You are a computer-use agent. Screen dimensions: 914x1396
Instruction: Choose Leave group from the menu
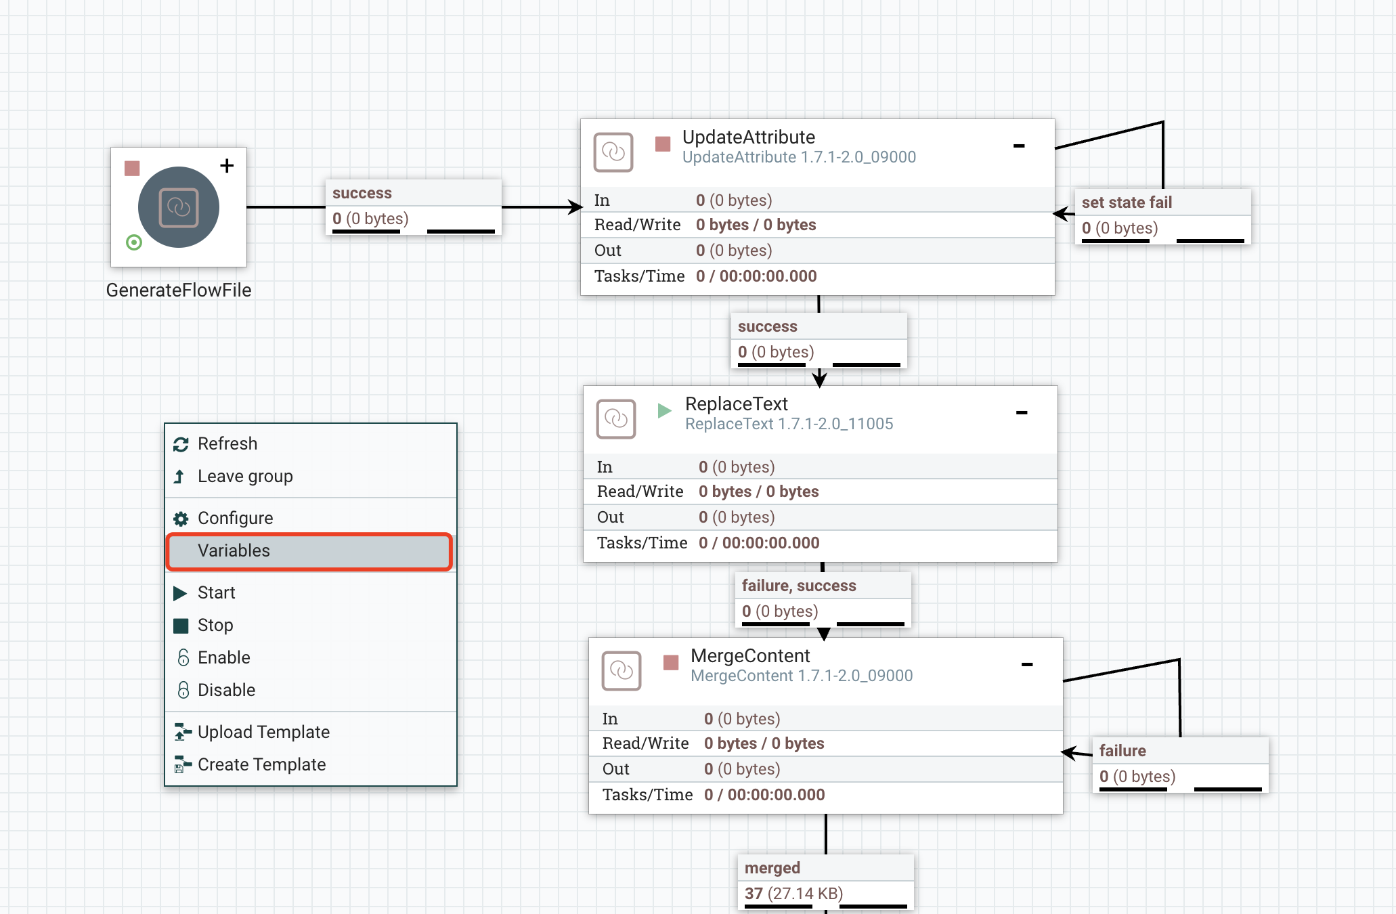click(x=244, y=477)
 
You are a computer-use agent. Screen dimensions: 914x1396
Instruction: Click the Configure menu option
click(x=235, y=519)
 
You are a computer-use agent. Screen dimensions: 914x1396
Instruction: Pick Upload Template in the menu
click(x=263, y=733)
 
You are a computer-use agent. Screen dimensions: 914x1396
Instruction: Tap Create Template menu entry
click(x=261, y=765)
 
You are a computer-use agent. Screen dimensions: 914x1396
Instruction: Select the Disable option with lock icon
click(x=225, y=691)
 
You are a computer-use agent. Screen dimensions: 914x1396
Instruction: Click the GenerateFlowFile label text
click(x=179, y=290)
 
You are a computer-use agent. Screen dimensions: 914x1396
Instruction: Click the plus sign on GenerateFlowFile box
click(x=227, y=166)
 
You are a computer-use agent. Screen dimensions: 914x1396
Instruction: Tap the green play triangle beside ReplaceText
click(x=664, y=410)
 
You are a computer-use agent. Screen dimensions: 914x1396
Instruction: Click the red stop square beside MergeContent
click(x=671, y=662)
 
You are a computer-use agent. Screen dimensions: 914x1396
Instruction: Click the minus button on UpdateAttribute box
click(x=1018, y=146)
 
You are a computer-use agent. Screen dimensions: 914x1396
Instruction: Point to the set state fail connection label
click(x=1127, y=202)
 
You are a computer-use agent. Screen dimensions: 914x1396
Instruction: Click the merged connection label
click(x=772, y=868)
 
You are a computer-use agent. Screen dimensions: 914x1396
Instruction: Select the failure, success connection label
click(x=798, y=586)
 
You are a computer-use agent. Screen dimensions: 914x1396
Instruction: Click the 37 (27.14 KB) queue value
click(x=793, y=894)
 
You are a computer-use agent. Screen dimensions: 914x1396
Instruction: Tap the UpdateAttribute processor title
click(x=748, y=137)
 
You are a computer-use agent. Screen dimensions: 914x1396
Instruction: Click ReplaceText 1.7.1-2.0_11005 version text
click(x=789, y=425)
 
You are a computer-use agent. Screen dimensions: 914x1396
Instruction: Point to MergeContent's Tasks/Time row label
click(x=647, y=795)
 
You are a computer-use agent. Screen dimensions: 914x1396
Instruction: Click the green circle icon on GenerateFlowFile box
click(x=134, y=242)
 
